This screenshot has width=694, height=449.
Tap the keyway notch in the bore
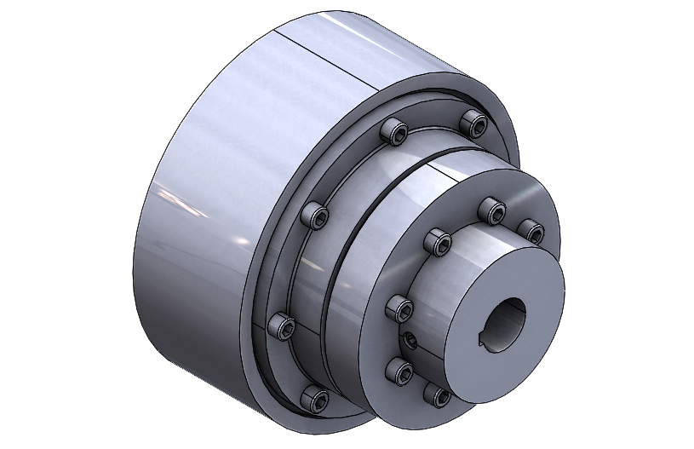click(x=486, y=343)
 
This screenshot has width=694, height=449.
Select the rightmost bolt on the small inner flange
click(x=532, y=231)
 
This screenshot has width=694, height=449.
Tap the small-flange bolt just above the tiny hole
click(x=399, y=306)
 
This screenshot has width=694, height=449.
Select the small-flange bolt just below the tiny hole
click(x=398, y=369)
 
